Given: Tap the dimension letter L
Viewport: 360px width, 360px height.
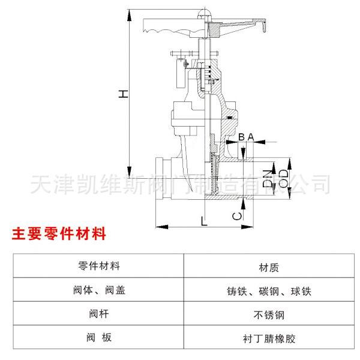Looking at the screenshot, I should tap(204, 220).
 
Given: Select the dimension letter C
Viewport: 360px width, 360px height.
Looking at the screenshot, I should tap(238, 214).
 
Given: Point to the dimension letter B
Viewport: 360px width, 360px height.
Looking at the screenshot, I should tap(241, 137).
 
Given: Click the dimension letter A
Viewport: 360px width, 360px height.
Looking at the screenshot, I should tap(251, 137).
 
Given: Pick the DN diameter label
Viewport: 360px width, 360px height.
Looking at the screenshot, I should tap(268, 178).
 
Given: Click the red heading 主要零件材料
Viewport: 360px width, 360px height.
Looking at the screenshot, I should tap(59, 233).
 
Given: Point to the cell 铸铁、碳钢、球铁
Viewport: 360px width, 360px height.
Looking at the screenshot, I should tap(269, 291).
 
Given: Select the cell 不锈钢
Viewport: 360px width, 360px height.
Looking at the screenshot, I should tap(269, 314).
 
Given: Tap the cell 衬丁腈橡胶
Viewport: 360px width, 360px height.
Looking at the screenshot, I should tap(269, 338).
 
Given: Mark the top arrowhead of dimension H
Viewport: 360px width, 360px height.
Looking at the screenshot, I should tap(129, 12).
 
